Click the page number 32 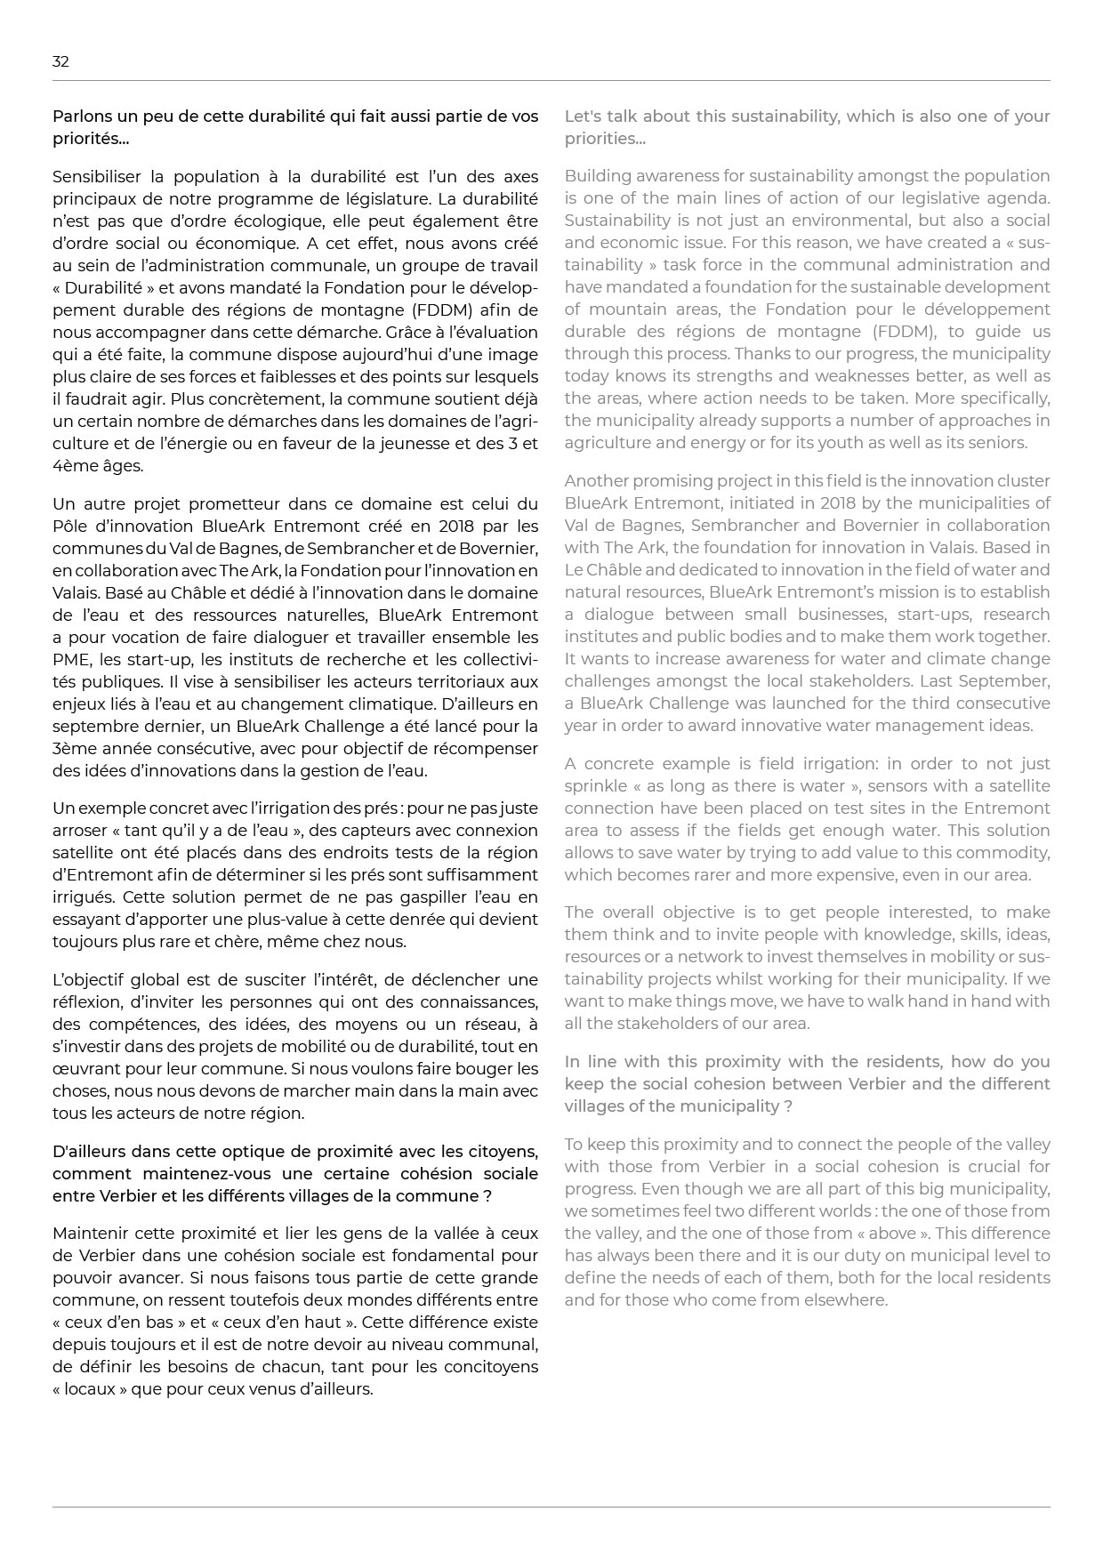click(60, 61)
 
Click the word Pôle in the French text click(68, 527)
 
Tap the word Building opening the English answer click(595, 176)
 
